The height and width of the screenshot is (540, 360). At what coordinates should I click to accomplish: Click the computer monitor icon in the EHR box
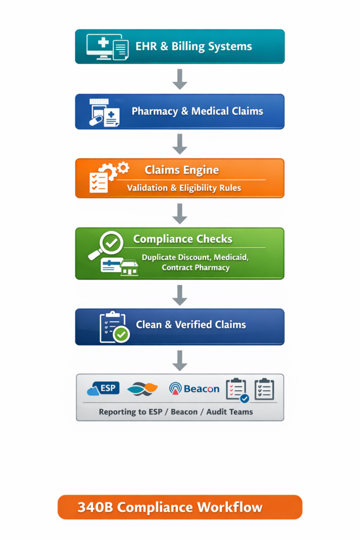tap(100, 45)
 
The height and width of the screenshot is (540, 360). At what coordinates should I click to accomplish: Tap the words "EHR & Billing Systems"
tap(193, 46)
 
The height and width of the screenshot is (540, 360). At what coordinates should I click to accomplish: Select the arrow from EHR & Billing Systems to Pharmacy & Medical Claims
tap(180, 79)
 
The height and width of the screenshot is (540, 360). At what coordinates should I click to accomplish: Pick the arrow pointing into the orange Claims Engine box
tap(180, 144)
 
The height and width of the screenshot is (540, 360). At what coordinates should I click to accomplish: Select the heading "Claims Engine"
tap(181, 170)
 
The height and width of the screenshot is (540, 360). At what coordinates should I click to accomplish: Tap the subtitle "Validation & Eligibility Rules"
tap(184, 188)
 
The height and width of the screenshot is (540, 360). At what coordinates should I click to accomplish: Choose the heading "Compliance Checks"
tap(182, 239)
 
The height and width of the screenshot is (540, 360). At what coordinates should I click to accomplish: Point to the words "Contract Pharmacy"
tap(196, 267)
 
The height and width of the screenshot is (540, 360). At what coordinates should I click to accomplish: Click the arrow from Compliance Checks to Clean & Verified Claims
tap(180, 295)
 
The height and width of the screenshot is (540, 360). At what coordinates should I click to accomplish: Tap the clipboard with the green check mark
tap(113, 327)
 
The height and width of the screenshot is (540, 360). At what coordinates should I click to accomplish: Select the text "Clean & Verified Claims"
tap(191, 325)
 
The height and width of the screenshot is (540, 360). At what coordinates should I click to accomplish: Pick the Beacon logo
tap(194, 389)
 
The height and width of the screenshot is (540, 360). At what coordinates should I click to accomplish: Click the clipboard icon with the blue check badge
tap(237, 390)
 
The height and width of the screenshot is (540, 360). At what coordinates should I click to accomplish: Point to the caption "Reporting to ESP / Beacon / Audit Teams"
tap(176, 412)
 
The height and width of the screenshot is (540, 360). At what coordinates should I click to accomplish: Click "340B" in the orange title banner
tap(95, 507)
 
